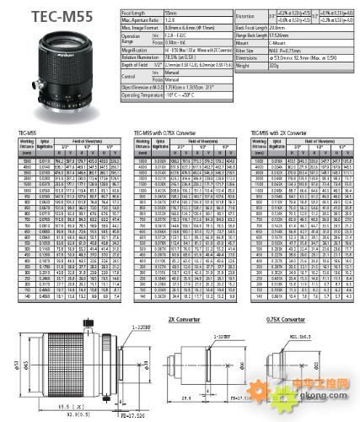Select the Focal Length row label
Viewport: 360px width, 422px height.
coord(134,14)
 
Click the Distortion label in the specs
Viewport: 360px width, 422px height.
coord(245,16)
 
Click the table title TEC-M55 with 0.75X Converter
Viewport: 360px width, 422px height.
coord(168,133)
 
